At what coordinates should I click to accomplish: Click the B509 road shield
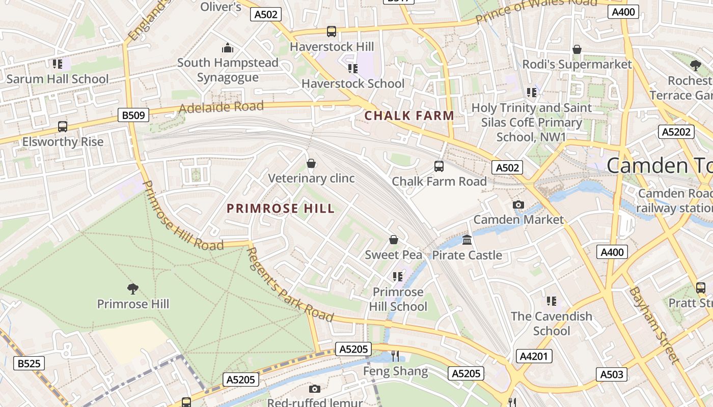coord(134,115)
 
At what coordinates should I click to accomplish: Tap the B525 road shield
coord(29,363)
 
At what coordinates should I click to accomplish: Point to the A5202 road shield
coord(676,132)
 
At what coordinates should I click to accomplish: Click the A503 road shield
coord(611,374)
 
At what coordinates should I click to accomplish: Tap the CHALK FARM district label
coord(409,116)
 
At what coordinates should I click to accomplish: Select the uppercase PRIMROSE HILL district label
coord(281,209)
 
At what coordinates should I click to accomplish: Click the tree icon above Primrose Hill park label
coord(133,289)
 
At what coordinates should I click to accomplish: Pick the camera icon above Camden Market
coord(518,205)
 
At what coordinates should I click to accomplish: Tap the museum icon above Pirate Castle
coord(467,240)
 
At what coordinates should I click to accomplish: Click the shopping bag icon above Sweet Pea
coord(393,240)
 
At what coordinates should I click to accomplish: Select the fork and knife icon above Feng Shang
coord(395,356)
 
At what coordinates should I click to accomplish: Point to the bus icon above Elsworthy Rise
coord(63,126)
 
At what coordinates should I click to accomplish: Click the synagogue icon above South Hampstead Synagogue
coord(228,48)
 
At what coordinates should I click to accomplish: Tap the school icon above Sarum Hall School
coord(57,64)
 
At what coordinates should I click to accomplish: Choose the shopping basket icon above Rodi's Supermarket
coord(577,49)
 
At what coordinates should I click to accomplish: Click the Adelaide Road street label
coord(222,107)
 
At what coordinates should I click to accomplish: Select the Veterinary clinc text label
coord(311,179)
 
